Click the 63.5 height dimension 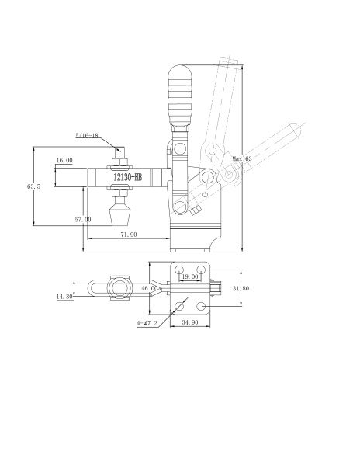pos(33,186)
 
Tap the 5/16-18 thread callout pos(87,135)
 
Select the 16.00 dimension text pos(64,160)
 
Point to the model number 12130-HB pos(128,177)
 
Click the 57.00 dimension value pos(83,220)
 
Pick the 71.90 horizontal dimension pos(129,235)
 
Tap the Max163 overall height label pos(242,158)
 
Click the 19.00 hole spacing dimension pos(190,276)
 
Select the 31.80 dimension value pos(241,288)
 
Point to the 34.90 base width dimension pos(190,322)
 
